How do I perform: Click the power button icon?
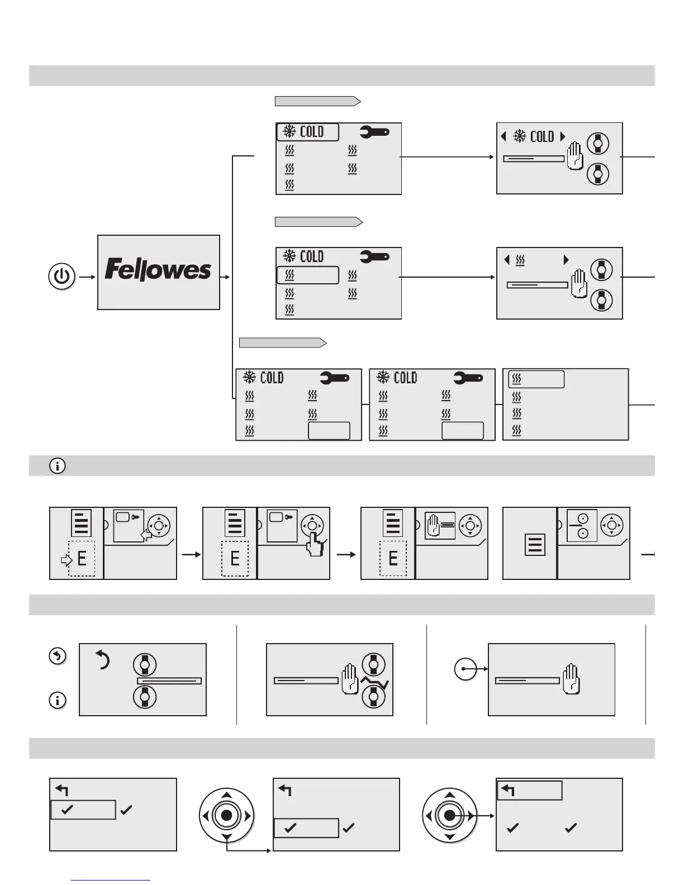[61, 277]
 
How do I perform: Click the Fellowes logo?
[158, 270]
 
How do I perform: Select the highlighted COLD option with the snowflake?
[308, 132]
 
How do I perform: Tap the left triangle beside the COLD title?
[503, 136]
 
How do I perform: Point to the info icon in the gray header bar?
[57, 465]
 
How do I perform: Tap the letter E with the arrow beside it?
[82, 558]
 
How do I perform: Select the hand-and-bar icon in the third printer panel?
[440, 526]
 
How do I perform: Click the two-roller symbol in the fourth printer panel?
[582, 525]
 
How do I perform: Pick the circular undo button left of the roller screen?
[58, 656]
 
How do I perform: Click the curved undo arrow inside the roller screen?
[102, 660]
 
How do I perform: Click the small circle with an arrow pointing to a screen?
[464, 669]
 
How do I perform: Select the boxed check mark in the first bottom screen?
[83, 810]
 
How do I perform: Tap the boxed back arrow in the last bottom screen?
[529, 791]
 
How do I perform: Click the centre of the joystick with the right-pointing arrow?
[450, 816]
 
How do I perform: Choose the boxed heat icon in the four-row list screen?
[536, 379]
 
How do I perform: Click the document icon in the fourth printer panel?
[535, 545]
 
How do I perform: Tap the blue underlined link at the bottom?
[111, 880]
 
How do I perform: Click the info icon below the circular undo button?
[58, 700]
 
